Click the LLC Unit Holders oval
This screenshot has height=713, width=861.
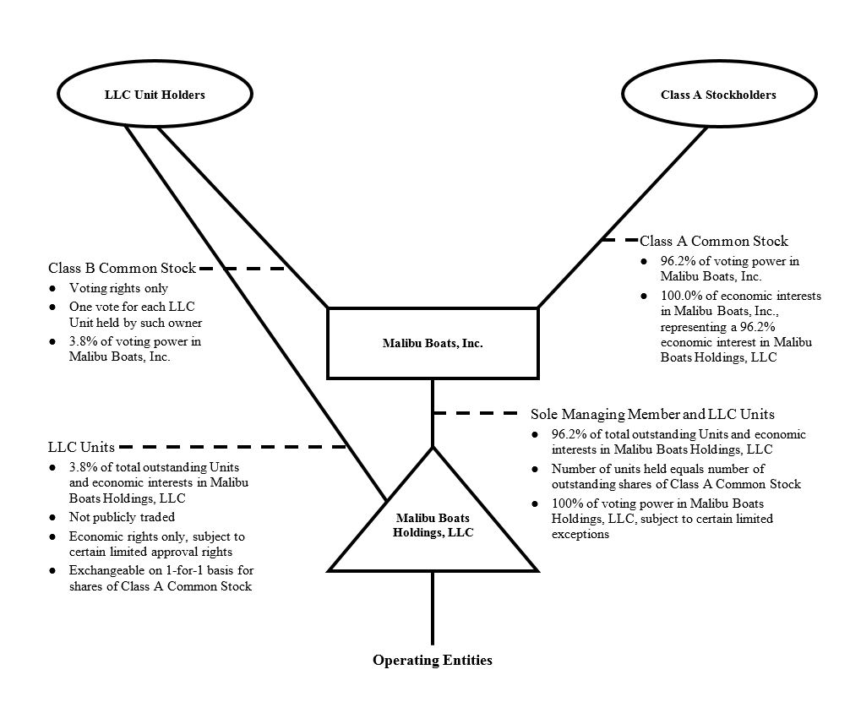(x=155, y=95)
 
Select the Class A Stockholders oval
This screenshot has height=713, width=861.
(x=717, y=95)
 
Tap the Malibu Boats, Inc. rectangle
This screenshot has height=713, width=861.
(x=432, y=343)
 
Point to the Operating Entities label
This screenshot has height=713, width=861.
(x=433, y=661)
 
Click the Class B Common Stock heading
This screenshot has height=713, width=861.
(x=122, y=269)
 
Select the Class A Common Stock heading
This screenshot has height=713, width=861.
(x=714, y=242)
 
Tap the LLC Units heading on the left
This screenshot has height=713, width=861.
(x=81, y=446)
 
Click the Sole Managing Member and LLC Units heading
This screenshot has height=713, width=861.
(x=652, y=415)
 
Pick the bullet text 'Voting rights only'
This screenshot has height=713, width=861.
(x=118, y=288)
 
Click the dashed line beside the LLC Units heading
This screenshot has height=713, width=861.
(x=232, y=446)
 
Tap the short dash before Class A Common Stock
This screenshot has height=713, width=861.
(x=619, y=241)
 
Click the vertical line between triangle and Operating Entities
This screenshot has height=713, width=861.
(x=433, y=608)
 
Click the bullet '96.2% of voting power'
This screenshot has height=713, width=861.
(x=729, y=268)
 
